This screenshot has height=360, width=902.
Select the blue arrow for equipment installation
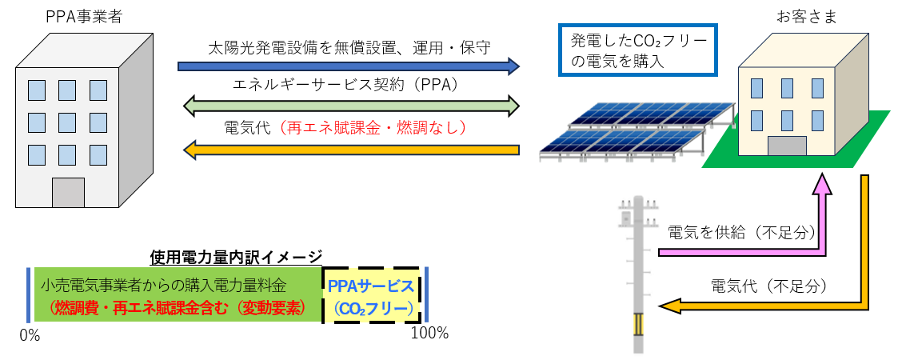click(x=349, y=66)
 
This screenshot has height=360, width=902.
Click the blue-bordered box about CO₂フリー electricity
click(x=638, y=50)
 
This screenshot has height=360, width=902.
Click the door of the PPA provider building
click(x=68, y=193)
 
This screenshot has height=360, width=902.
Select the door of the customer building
click(x=787, y=146)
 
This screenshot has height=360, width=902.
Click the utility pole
click(x=637, y=272)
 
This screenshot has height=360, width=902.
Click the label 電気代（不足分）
click(x=768, y=286)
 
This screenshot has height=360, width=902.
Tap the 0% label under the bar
click(x=30, y=336)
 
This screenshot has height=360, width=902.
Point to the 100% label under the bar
click(x=429, y=333)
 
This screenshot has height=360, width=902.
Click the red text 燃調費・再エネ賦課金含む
click(x=128, y=307)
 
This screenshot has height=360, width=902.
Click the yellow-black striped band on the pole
click(x=637, y=324)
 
